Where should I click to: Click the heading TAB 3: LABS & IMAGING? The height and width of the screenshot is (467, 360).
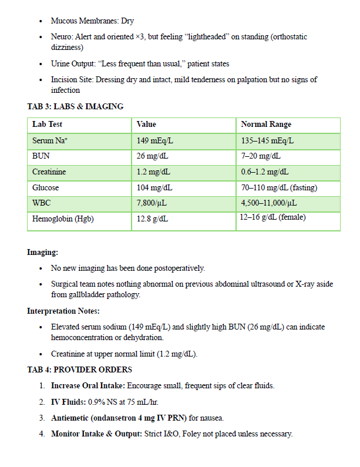[75, 106]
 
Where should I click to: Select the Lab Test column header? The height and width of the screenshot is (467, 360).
[47, 125]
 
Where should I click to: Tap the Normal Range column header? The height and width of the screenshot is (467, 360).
[265, 125]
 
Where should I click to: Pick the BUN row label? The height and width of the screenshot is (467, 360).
[41, 157]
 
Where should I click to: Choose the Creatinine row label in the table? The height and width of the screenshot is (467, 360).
[49, 172]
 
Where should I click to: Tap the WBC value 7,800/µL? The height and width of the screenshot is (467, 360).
[152, 204]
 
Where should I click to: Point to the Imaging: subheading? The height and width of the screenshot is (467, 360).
[43, 252]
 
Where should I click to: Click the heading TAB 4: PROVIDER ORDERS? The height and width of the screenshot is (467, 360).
[79, 369]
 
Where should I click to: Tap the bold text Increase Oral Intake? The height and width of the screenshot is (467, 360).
[87, 386]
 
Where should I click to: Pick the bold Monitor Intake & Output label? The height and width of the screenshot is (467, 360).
[96, 434]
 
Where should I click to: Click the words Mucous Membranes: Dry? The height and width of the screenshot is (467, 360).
[92, 21]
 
